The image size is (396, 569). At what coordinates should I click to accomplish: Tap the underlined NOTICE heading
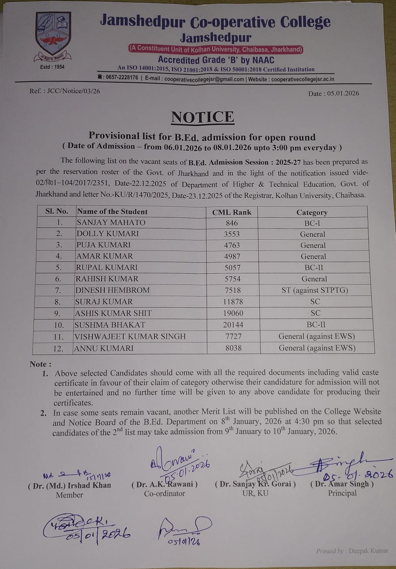pyautogui.click(x=203, y=117)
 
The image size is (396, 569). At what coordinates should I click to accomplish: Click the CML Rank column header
pyautogui.click(x=232, y=212)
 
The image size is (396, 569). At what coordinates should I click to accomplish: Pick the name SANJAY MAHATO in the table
pyautogui.click(x=111, y=222)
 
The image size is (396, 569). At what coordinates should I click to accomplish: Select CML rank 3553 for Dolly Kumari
pyautogui.click(x=232, y=234)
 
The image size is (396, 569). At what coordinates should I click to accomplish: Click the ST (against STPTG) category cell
pyautogui.click(x=315, y=290)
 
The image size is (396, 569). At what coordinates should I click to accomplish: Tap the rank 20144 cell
pyautogui.click(x=233, y=325)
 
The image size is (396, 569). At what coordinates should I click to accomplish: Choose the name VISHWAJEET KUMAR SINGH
pyautogui.click(x=130, y=336)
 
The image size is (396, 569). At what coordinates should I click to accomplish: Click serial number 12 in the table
pyautogui.click(x=58, y=348)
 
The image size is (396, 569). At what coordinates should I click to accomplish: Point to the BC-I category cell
pyautogui.click(x=312, y=223)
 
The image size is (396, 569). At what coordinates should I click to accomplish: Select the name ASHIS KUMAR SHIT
pyautogui.click(x=113, y=313)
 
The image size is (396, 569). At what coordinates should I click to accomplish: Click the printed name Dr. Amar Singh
pyautogui.click(x=342, y=484)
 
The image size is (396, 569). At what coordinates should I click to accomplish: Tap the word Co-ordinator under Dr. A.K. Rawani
pyautogui.click(x=164, y=493)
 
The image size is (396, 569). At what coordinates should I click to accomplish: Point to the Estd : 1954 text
pyautogui.click(x=52, y=67)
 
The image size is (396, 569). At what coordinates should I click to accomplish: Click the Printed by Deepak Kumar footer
pyautogui.click(x=352, y=551)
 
